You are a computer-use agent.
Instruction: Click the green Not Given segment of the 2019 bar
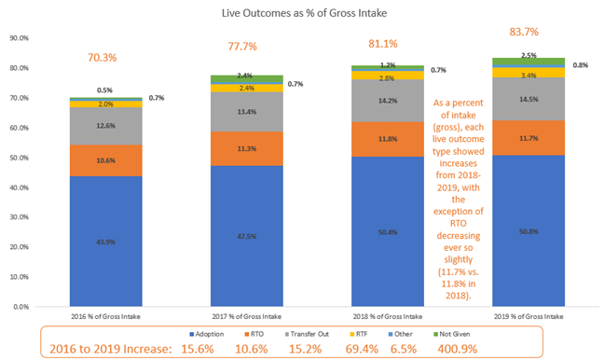coord(528,62)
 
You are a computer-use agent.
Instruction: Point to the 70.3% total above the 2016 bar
coord(102,57)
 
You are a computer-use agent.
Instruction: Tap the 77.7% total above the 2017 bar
coord(242,46)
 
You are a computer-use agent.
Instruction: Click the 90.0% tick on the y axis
coord(21,38)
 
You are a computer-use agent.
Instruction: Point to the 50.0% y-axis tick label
coord(21,158)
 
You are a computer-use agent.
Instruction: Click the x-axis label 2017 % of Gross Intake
coord(242,316)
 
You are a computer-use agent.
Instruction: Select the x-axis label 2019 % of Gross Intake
coord(528,316)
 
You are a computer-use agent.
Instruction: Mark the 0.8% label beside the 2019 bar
coord(579,65)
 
